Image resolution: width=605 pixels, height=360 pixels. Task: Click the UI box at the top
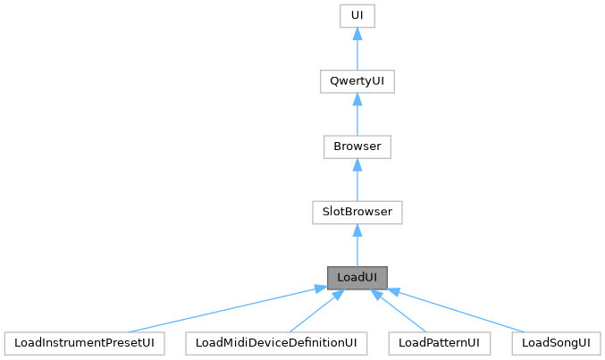point(357,15)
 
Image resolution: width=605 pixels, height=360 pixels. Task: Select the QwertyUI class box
point(357,81)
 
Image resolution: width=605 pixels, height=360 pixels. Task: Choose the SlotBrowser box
point(357,212)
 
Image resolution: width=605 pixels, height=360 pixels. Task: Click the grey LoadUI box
point(357,277)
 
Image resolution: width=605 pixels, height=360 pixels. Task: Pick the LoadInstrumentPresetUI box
point(86,343)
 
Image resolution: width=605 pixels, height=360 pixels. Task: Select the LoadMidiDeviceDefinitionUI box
point(276,343)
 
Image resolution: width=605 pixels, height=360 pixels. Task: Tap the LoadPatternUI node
point(441,343)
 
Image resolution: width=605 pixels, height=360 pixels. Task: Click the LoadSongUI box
point(557,343)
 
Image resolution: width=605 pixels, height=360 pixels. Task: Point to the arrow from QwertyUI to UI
point(357,48)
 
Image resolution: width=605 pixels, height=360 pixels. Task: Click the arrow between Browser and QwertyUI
point(357,114)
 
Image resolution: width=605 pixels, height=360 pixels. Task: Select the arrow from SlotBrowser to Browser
point(357,180)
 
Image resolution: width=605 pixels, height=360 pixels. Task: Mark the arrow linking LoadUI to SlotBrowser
point(357,245)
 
